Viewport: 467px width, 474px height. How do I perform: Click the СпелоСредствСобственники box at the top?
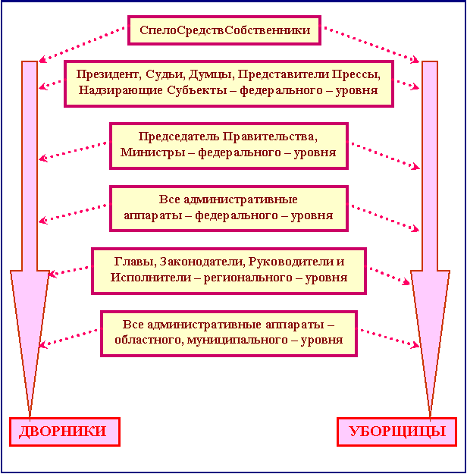click(224, 30)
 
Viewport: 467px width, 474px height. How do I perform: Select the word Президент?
click(108, 74)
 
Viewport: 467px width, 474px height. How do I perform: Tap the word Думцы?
click(212, 74)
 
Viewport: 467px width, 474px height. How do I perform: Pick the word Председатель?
click(179, 137)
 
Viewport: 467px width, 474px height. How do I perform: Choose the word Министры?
click(152, 152)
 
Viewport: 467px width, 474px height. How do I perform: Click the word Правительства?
click(270, 137)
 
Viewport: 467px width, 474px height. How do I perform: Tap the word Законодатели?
click(202, 262)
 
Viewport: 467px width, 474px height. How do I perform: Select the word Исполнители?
click(151, 278)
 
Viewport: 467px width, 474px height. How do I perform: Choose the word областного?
click(149, 340)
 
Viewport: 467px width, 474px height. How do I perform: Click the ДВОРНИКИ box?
click(64, 432)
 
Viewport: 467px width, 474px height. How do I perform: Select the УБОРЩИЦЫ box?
click(397, 432)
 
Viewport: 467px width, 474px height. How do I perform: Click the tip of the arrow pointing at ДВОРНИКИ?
click(30, 417)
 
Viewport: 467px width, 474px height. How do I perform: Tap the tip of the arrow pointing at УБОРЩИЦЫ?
click(430, 417)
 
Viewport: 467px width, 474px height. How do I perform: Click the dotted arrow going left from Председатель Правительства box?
click(73, 151)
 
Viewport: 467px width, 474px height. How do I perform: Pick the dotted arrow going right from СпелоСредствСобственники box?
click(371, 45)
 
